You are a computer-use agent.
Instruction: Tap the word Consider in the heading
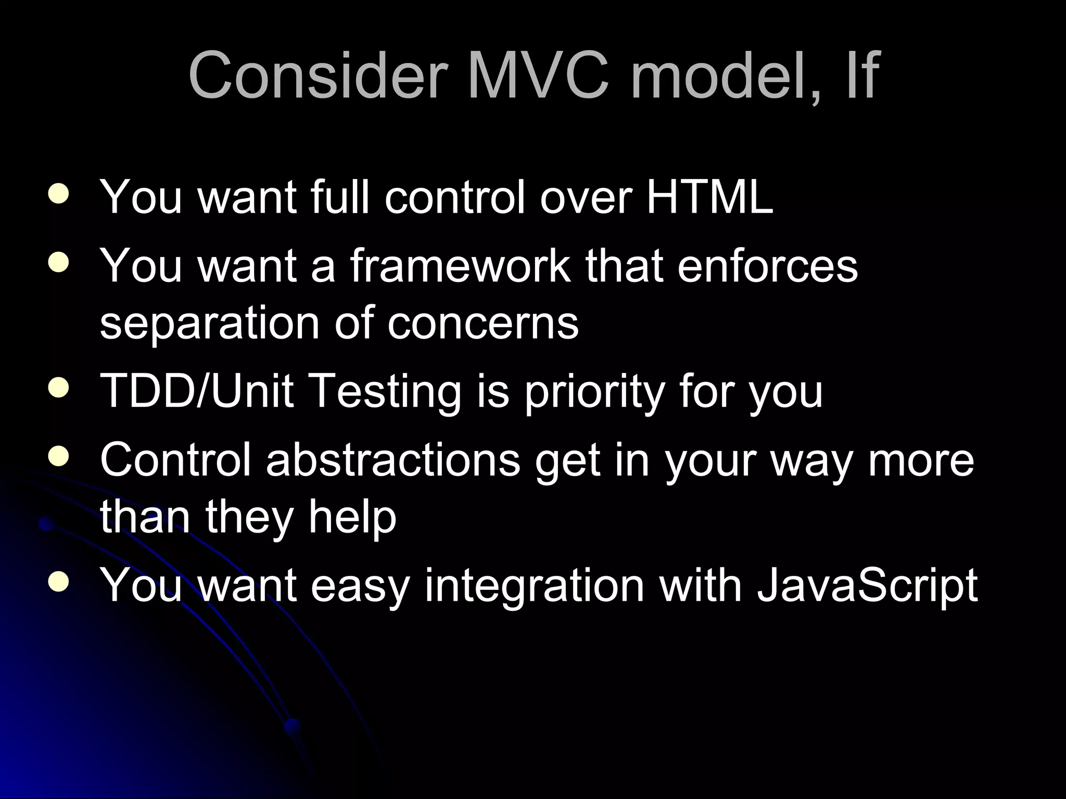coord(318,75)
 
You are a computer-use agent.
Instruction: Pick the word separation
coord(209,324)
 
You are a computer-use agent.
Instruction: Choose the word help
coord(352,518)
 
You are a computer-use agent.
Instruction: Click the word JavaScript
coord(867,585)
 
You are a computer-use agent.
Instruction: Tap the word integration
coord(535,585)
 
